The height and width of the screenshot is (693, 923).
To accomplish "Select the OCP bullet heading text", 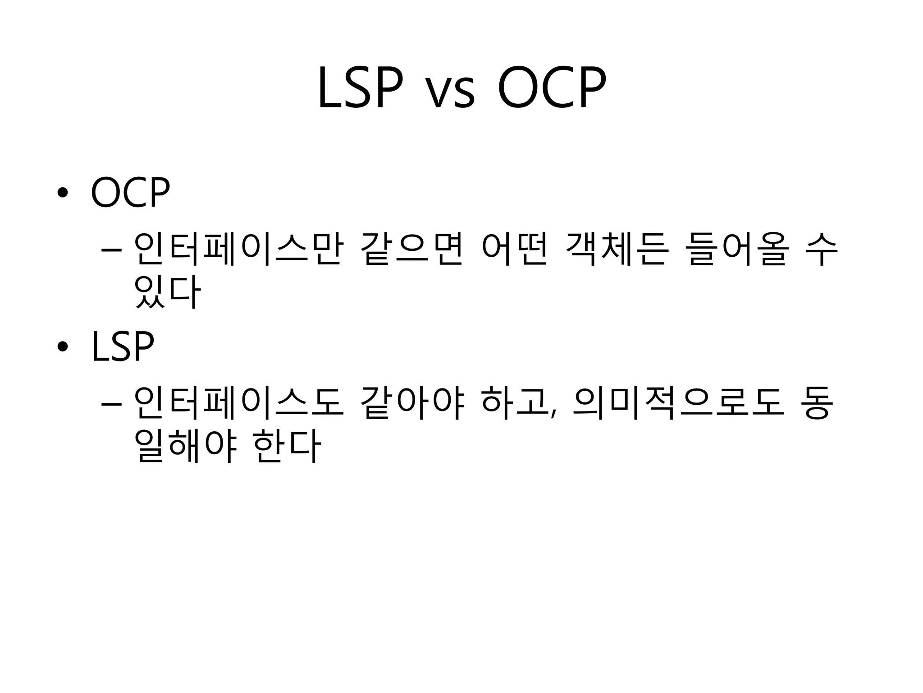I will [130, 193].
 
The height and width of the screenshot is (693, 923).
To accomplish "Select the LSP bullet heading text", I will [123, 346].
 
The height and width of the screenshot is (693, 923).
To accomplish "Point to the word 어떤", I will [514, 249].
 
